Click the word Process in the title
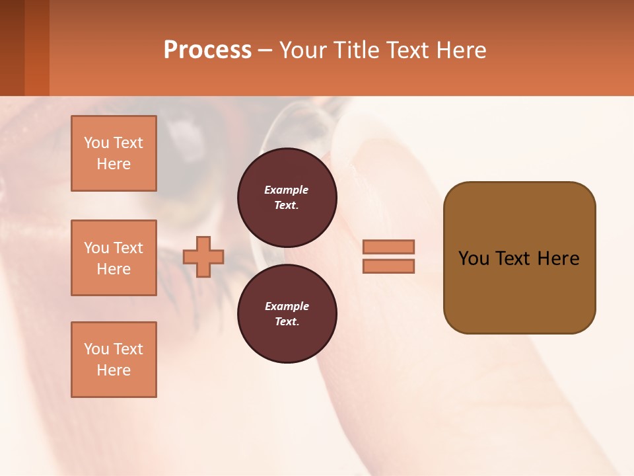[x=207, y=50]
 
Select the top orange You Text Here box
[x=114, y=153]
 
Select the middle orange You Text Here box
[x=114, y=258]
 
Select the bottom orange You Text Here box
[x=114, y=359]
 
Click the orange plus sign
[x=203, y=257]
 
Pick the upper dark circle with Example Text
[x=287, y=197]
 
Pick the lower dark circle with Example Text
[x=287, y=313]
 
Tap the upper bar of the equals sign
[x=388, y=247]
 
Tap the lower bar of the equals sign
[x=388, y=266]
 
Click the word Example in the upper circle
[x=286, y=190]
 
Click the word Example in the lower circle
[x=286, y=306]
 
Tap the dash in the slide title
[x=265, y=50]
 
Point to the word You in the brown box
[x=474, y=258]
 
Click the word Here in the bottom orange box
[x=114, y=370]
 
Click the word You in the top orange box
[x=96, y=143]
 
